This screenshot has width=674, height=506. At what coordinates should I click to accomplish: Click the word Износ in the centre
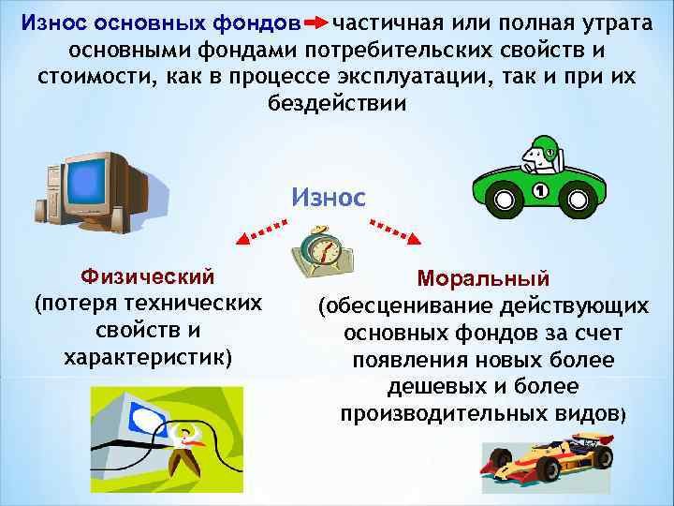(329, 197)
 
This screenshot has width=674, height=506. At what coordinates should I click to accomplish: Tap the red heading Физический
(148, 277)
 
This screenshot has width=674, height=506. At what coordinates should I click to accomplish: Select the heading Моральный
(483, 279)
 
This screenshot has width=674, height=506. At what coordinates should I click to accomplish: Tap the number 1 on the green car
(539, 191)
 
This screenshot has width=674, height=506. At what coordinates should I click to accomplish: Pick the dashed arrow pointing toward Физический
(258, 231)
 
